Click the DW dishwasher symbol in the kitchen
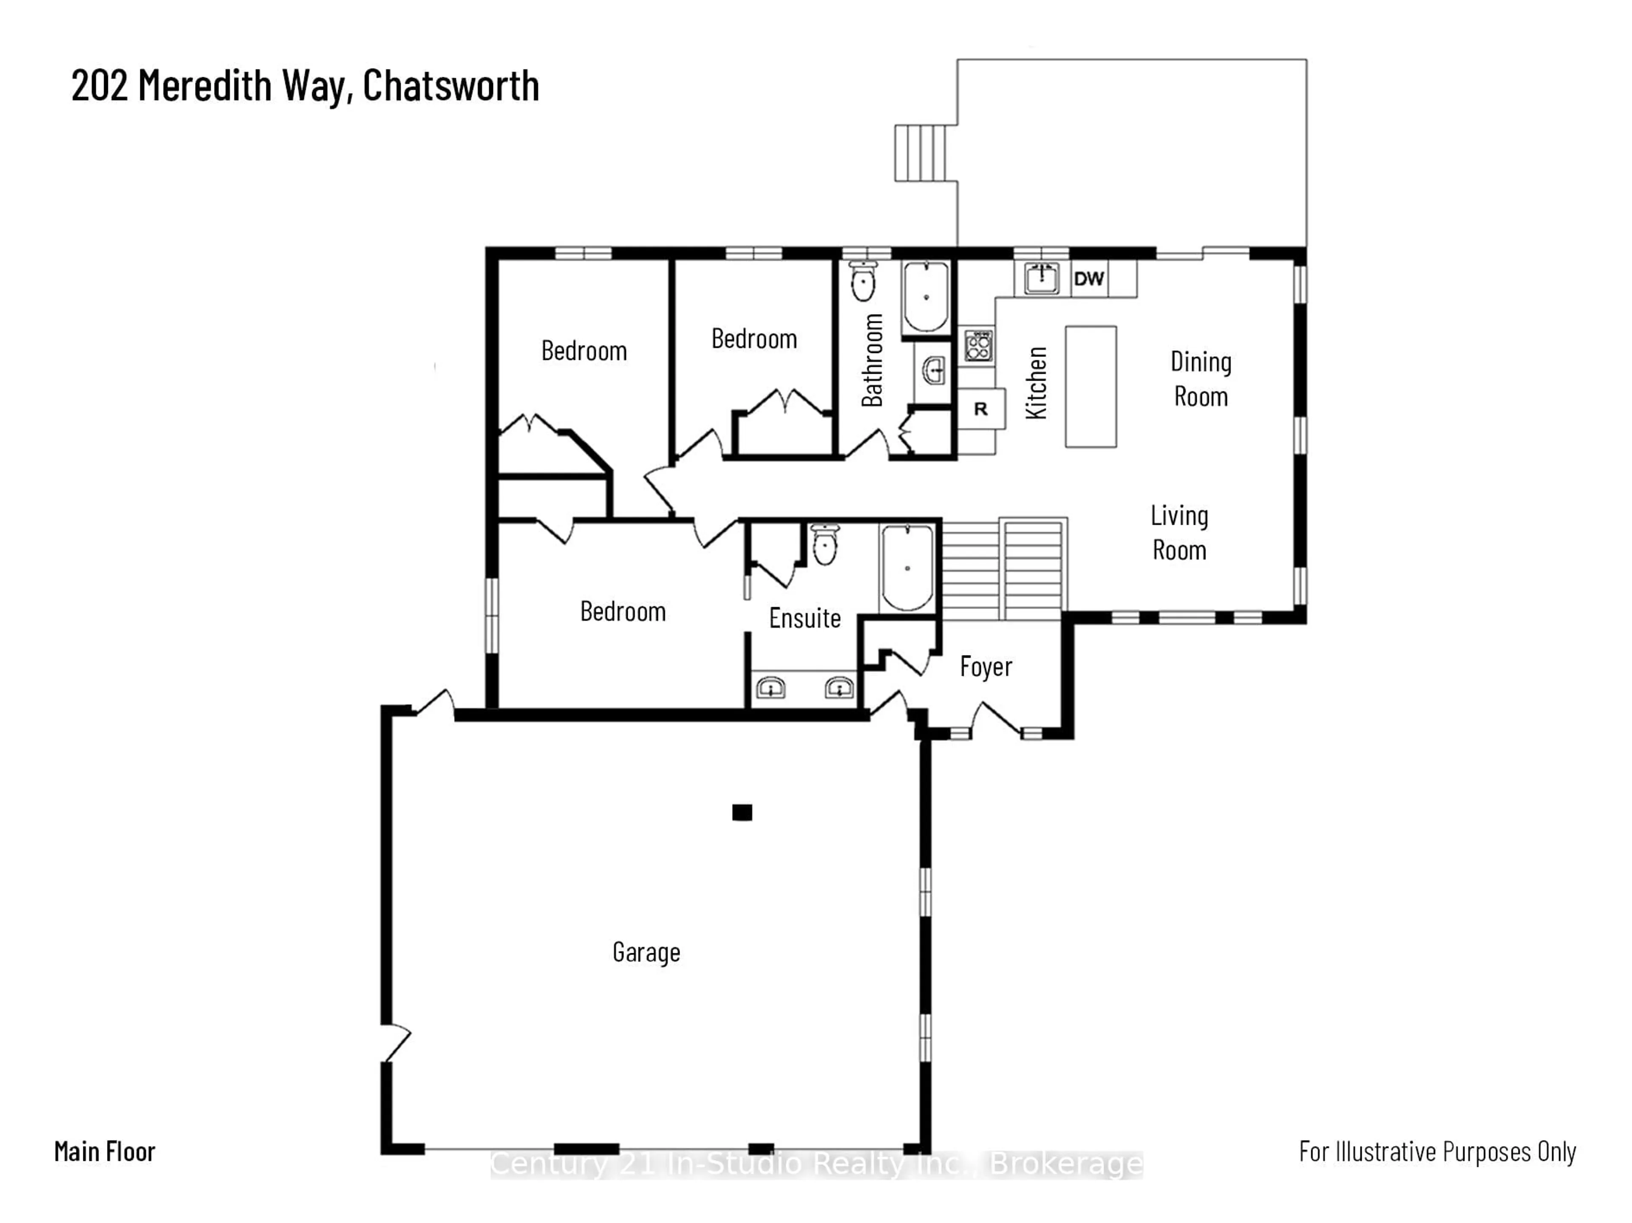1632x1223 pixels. click(x=1089, y=279)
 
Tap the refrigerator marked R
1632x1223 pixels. click(x=980, y=409)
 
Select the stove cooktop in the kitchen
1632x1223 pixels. click(x=978, y=345)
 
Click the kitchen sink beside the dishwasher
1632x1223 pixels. click(x=1041, y=278)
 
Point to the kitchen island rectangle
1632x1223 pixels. click(x=1091, y=387)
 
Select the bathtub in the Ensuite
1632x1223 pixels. click(x=907, y=567)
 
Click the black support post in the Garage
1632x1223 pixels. click(x=742, y=812)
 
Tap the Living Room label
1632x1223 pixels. click(x=1179, y=533)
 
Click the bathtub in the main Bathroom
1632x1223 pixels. click(x=926, y=297)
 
